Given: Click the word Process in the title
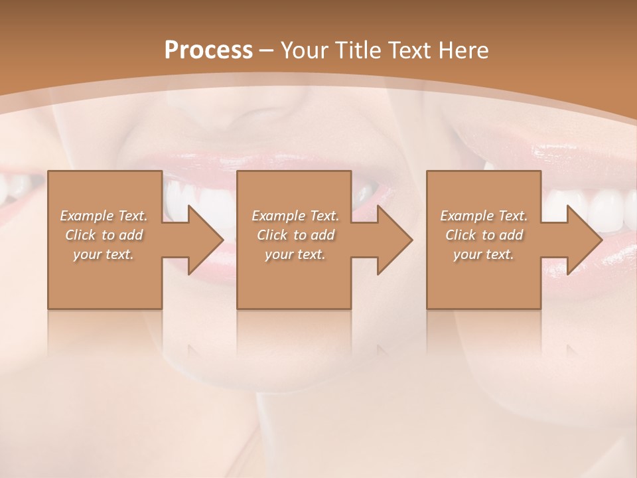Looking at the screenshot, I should tap(208, 50).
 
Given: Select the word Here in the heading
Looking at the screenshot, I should tap(464, 50).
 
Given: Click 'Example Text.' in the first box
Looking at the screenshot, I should tap(104, 216).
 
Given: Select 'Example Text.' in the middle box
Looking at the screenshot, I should tap(295, 216).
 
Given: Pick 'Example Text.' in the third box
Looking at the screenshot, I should tap(484, 216).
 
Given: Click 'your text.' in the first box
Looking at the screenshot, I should tap(104, 254).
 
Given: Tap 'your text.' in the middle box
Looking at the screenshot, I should tap(295, 254).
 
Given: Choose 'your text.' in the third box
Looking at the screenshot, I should tap(484, 254).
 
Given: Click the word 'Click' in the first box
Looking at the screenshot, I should tap(80, 235).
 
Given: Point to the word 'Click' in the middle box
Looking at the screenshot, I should tap(272, 235).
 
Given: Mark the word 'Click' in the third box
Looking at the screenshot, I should tap(460, 235).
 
